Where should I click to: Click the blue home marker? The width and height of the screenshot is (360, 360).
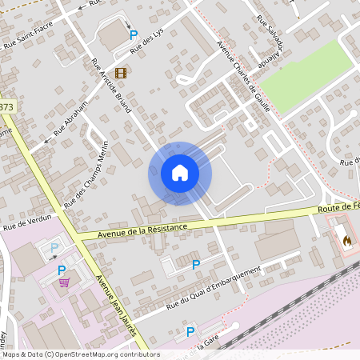(x=179, y=173)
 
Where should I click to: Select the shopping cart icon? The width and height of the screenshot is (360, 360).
(x=63, y=282)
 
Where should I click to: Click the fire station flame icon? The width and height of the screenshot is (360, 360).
(x=346, y=239)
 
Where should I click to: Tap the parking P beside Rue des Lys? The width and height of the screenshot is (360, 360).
(x=134, y=35)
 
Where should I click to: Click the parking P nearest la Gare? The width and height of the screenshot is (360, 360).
(x=190, y=332)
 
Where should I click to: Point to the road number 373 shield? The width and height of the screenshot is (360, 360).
(x=6, y=106)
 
